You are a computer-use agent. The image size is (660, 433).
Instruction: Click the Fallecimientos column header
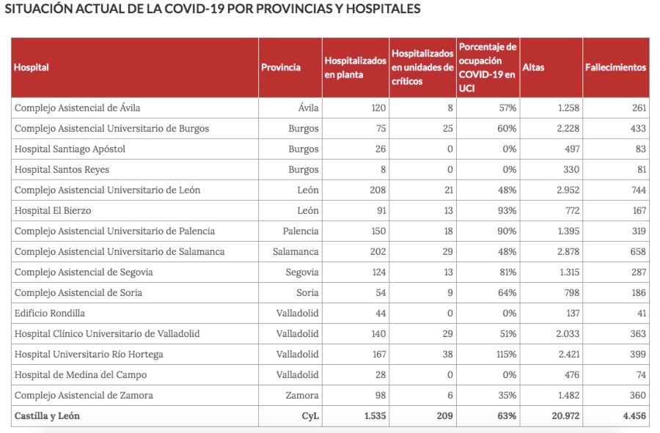615,67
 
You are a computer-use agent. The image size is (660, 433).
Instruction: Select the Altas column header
533,67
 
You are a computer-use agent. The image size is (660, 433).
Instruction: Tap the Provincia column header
281,67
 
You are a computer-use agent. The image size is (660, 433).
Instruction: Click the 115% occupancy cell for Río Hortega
506,355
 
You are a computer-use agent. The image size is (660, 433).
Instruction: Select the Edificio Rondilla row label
50,314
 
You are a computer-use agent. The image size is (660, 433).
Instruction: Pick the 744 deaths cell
637,190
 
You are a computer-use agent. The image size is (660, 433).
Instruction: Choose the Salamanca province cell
294,252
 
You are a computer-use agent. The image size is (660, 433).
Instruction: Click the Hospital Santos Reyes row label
61,170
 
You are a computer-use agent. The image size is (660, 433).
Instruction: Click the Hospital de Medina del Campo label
81,375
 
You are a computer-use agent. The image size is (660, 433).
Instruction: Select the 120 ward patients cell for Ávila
378,108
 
